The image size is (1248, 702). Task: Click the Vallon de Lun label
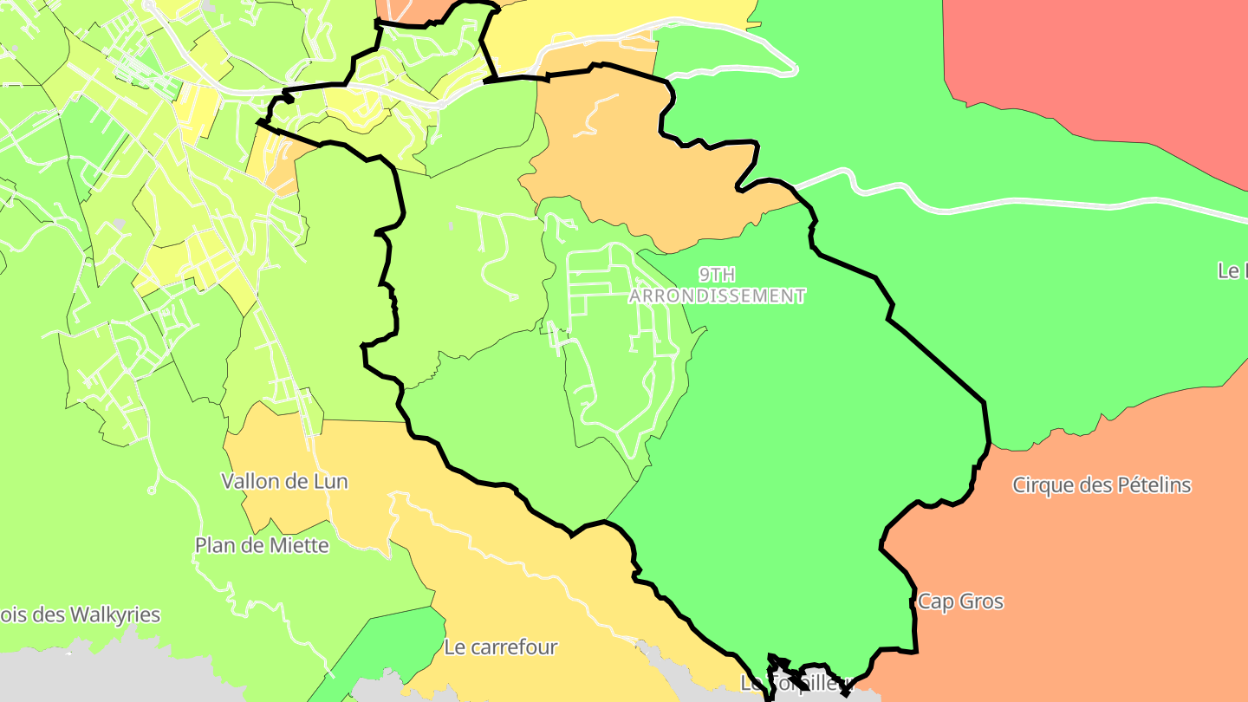tap(284, 481)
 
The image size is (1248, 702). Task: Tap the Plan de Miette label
tap(262, 545)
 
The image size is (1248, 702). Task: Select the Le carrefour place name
tap(500, 647)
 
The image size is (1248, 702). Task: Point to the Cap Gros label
tap(960, 601)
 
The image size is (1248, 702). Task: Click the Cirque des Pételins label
tap(1102, 484)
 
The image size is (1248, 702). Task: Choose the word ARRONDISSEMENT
tap(717, 296)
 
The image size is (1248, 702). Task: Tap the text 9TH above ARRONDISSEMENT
tap(717, 275)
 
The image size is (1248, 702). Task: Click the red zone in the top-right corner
tap(1101, 61)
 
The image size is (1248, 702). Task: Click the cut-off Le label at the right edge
tap(1232, 270)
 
